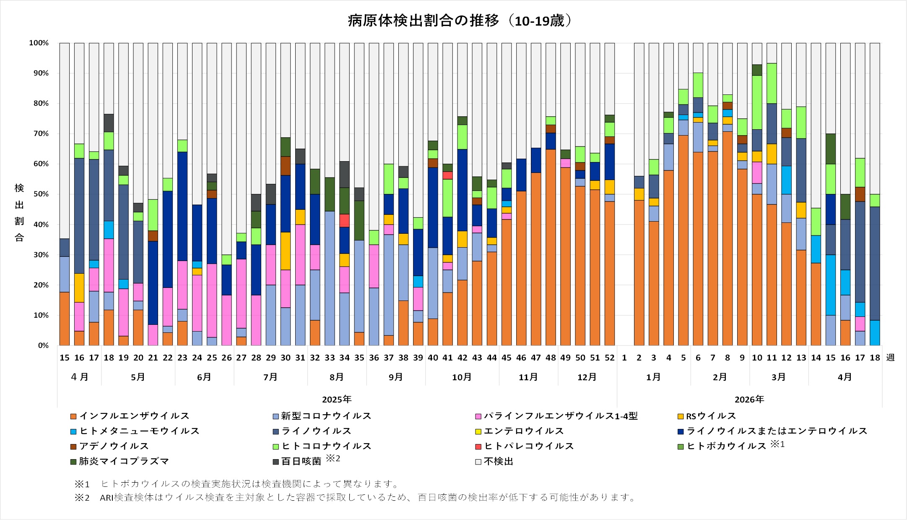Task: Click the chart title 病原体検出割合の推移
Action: [424, 20]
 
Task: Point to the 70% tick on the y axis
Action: [39, 134]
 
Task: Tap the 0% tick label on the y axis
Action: [43, 346]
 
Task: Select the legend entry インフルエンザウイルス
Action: [130, 416]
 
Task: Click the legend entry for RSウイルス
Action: [707, 416]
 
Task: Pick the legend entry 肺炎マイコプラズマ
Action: [120, 461]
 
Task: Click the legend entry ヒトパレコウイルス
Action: [525, 446]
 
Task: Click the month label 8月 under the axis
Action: [337, 377]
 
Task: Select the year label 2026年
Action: [749, 399]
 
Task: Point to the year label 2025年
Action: [337, 399]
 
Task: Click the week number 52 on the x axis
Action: [610, 358]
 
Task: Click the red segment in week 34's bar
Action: [345, 220]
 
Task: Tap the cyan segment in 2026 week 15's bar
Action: [831, 285]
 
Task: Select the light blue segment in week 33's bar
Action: [330, 278]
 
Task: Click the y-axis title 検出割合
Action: [19, 213]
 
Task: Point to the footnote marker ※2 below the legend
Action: [82, 498]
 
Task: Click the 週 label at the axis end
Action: [890, 358]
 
